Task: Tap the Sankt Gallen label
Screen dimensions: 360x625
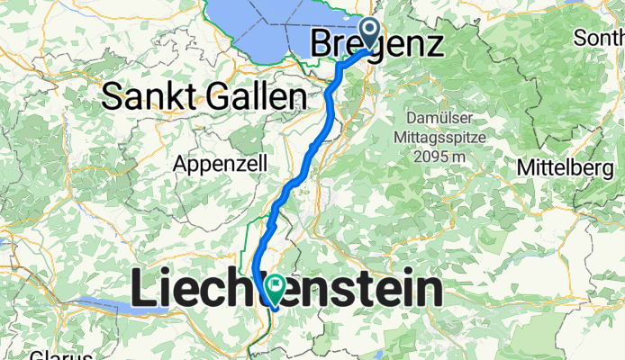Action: [200, 94]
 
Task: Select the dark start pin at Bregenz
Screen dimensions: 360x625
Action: [370, 31]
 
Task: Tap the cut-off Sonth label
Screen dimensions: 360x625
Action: [600, 40]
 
